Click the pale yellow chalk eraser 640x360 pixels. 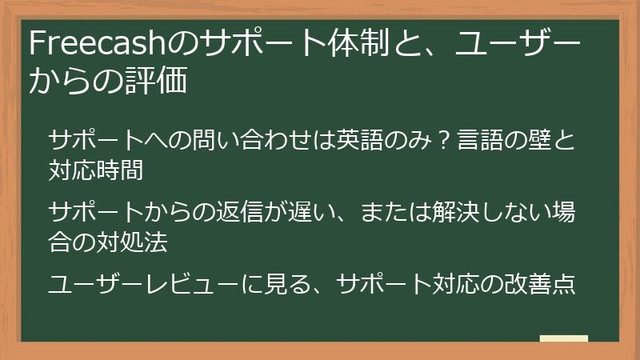point(564,338)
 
